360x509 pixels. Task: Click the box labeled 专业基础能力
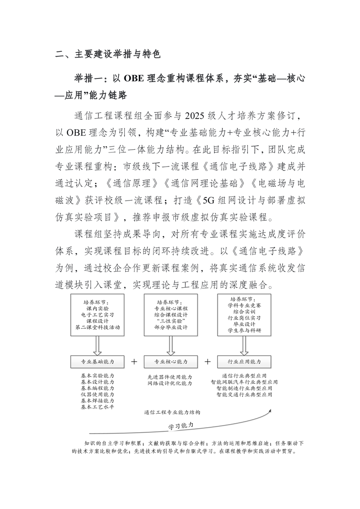[x=97, y=362]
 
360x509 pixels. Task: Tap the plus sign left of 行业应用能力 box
[x=207, y=362]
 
